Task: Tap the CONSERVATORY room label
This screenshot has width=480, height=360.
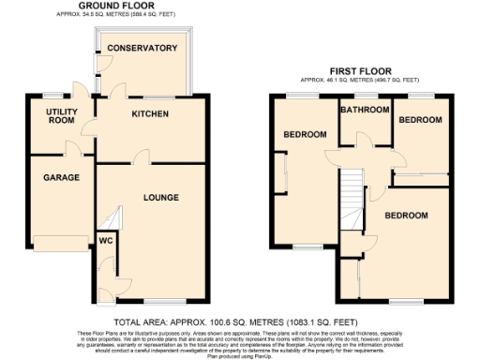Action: click(142, 48)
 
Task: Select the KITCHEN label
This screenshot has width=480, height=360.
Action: click(149, 114)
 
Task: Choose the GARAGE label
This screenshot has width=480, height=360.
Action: click(60, 177)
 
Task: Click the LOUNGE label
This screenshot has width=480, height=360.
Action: click(160, 197)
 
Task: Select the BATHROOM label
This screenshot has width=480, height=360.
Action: click(364, 110)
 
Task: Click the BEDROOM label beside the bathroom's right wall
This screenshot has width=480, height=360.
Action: click(419, 121)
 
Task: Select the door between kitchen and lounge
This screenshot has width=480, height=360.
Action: click(140, 157)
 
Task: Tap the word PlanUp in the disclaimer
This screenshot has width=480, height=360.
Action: click(267, 354)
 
